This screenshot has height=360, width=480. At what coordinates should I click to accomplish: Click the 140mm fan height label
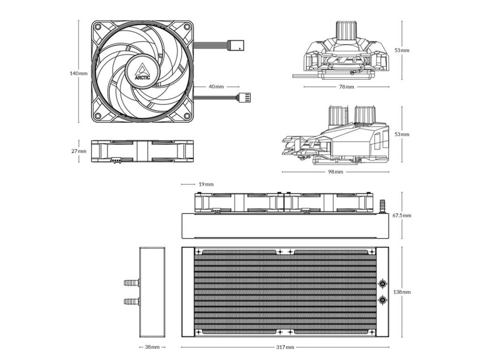(78, 73)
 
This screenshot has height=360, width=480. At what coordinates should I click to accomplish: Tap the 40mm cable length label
(216, 87)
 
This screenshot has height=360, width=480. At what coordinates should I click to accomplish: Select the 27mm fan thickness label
(79, 151)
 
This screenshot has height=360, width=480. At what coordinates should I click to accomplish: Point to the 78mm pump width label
(346, 87)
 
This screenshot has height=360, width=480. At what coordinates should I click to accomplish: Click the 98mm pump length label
(336, 172)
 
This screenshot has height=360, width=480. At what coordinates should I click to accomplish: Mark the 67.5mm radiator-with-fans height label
(402, 216)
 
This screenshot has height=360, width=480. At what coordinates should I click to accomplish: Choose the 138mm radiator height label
(402, 292)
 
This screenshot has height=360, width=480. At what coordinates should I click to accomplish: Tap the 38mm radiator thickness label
(152, 347)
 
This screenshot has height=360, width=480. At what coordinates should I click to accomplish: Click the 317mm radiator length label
(285, 347)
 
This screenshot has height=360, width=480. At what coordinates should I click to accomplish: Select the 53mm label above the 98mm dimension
(402, 134)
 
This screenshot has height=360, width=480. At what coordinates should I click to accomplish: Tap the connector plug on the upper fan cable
(236, 45)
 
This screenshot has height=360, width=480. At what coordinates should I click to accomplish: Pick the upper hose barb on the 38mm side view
(131, 283)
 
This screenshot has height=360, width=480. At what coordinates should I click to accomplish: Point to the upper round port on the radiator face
(383, 284)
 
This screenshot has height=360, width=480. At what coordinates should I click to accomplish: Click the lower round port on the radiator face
(383, 300)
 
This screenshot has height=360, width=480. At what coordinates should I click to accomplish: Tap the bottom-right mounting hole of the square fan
(186, 116)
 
